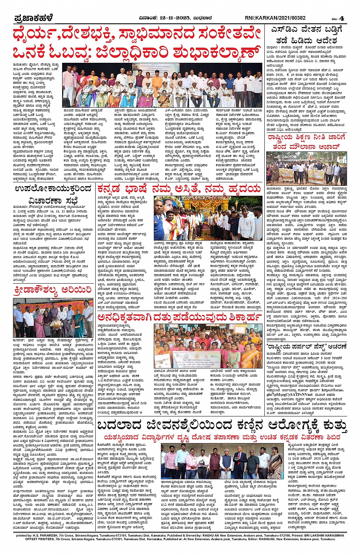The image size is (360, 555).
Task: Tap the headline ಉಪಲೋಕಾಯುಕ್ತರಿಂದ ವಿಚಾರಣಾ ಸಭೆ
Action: pos(53,194)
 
